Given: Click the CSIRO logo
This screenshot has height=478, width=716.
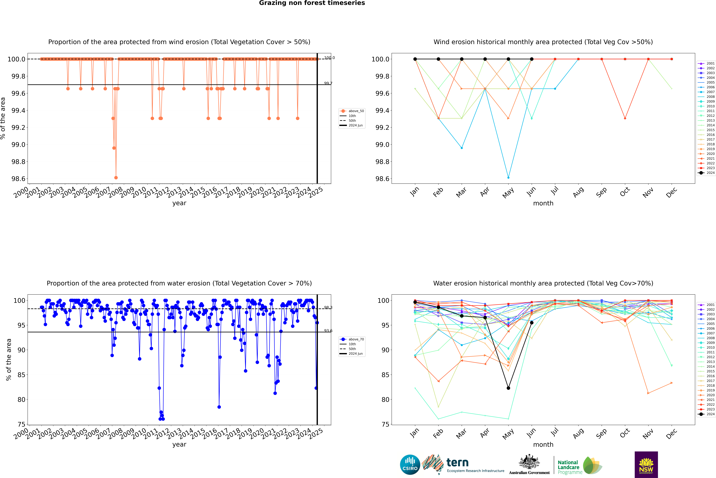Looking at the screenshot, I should point(410,465).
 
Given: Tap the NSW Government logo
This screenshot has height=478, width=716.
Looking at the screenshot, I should point(646,465).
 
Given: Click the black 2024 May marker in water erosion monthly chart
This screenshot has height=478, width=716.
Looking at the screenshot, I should point(508,388).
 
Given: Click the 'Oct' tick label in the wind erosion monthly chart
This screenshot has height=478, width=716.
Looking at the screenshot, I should point(624,192).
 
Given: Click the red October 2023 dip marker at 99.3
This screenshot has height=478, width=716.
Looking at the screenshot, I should point(625,118).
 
